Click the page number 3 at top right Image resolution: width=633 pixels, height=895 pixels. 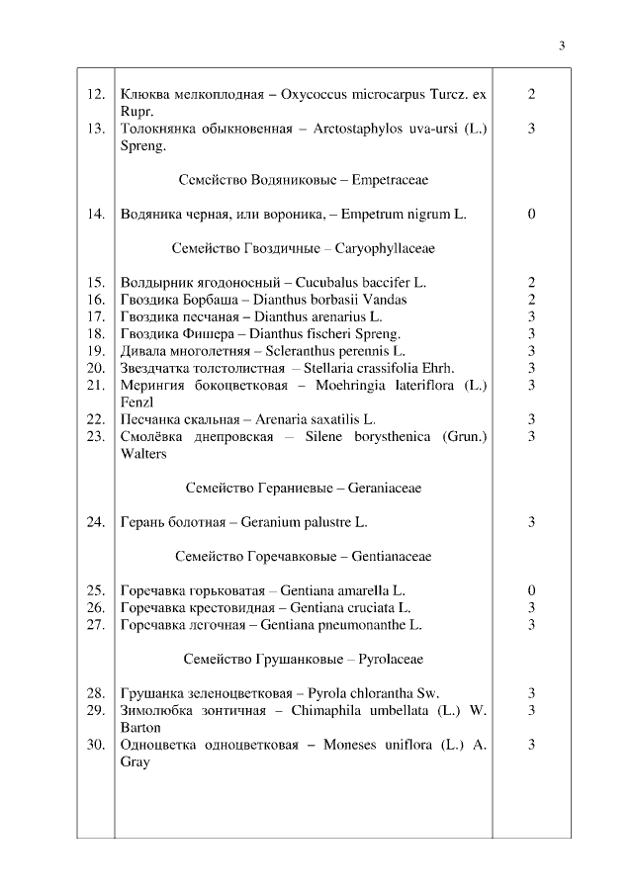[x=562, y=45]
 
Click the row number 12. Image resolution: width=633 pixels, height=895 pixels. [x=95, y=95]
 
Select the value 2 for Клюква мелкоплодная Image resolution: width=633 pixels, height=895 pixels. [x=532, y=95]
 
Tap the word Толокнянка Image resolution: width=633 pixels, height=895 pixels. [x=158, y=129]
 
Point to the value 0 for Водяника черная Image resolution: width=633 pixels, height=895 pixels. [x=532, y=214]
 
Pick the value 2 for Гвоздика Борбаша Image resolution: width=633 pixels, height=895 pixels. [x=532, y=300]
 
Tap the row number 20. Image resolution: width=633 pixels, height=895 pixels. [x=95, y=368]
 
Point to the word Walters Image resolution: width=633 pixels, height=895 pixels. [x=142, y=454]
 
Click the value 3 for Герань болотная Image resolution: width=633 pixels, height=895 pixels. [x=532, y=522]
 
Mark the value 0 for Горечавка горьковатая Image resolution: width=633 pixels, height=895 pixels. [x=532, y=590]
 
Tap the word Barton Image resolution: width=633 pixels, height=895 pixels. [x=139, y=727]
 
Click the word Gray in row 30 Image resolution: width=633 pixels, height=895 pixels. [x=135, y=761]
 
